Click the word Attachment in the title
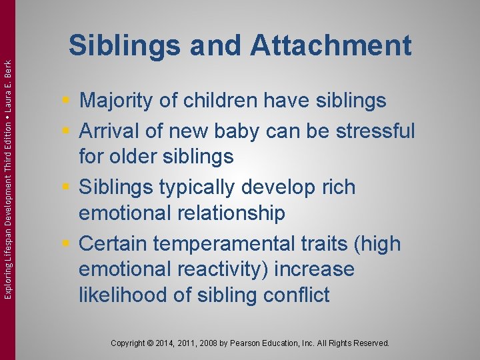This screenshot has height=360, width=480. (331, 46)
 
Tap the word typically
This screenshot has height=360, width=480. (213, 187)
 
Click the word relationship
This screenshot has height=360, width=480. (233, 213)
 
